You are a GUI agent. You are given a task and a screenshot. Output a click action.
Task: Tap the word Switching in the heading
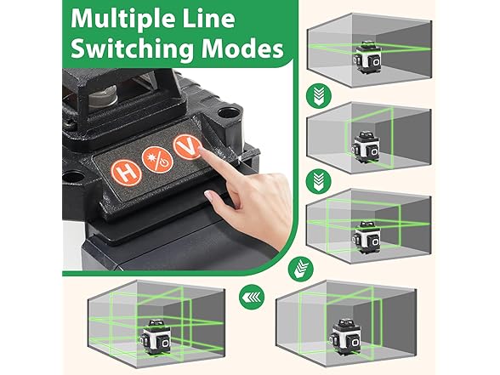click(x=132, y=48)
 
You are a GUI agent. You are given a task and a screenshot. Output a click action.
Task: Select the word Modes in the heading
click(x=242, y=48)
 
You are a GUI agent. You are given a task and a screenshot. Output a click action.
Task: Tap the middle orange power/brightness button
click(x=158, y=159)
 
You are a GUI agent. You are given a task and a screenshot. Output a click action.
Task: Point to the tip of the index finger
click(x=201, y=149)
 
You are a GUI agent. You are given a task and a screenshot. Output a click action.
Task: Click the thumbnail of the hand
click(x=208, y=195)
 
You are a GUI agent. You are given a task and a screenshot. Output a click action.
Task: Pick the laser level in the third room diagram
click(x=366, y=236)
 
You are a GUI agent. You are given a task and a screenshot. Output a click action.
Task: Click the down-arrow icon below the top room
click(x=319, y=95)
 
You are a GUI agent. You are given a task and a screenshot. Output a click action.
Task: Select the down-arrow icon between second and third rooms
click(x=319, y=181)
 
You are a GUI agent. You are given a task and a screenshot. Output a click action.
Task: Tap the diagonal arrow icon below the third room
click(x=301, y=268)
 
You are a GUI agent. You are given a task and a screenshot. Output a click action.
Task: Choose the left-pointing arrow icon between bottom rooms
click(x=252, y=298)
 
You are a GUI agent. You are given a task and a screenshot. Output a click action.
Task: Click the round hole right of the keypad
click(x=229, y=113)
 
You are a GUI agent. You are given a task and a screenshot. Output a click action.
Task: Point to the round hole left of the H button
click(x=74, y=177)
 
